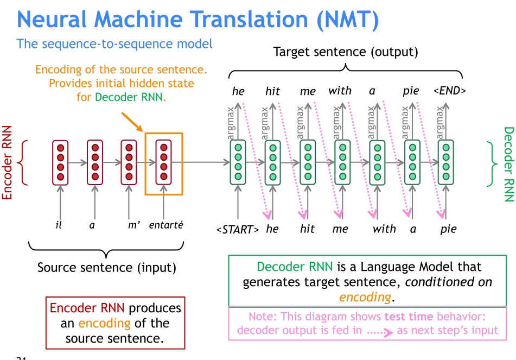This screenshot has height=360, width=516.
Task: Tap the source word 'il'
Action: click(x=59, y=225)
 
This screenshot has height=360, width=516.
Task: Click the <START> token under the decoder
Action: click(x=238, y=229)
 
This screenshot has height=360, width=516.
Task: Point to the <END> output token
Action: click(x=449, y=91)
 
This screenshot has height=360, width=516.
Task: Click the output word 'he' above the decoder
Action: click(x=238, y=91)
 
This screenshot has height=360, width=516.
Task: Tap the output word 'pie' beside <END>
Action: click(x=411, y=91)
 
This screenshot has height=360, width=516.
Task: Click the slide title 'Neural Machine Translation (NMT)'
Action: click(x=198, y=20)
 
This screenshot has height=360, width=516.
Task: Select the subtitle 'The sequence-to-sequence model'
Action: click(x=114, y=43)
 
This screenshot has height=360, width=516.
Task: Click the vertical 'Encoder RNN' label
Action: click(x=8, y=162)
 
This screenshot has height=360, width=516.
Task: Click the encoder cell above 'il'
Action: click(x=60, y=162)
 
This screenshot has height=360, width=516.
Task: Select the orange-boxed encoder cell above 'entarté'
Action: click(x=164, y=162)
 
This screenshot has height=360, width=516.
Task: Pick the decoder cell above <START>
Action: click(x=238, y=162)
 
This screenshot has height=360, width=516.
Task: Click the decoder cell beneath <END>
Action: click(x=446, y=162)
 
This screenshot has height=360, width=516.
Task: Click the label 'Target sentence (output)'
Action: click(x=346, y=52)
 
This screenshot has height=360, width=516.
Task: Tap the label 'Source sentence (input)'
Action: click(x=107, y=267)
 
